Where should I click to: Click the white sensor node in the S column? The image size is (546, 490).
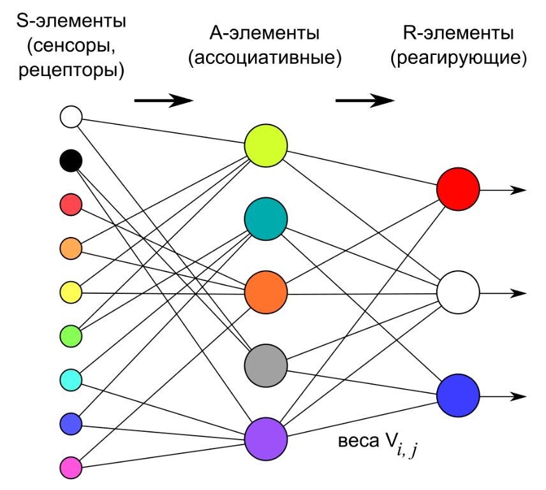pos(71,117)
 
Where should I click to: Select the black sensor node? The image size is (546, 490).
pos(71,160)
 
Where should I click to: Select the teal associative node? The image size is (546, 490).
pos(266,218)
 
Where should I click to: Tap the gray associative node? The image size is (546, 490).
pos(266,365)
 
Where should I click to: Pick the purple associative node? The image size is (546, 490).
pos(266,439)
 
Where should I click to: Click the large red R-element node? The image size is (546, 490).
pos(458,189)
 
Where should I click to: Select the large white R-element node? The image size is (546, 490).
pos(458,293)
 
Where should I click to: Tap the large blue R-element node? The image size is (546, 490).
pos(458,396)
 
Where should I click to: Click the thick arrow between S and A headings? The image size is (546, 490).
pos(163,100)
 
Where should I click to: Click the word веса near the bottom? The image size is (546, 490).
pos(358,442)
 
